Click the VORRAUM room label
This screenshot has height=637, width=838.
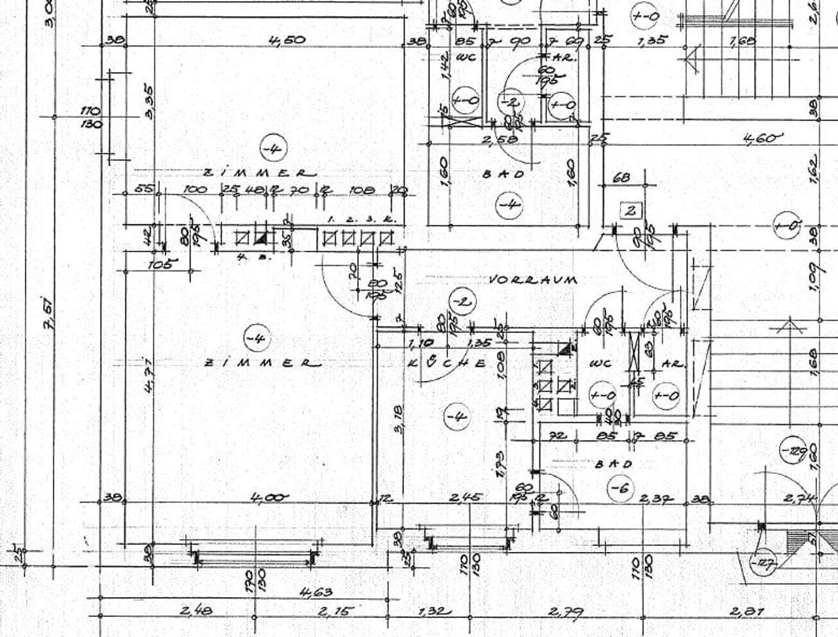click(x=534, y=280)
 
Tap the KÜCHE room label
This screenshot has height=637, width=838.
click(x=446, y=363)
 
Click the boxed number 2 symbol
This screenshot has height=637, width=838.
click(x=631, y=211)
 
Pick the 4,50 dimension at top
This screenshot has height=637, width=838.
click(x=287, y=40)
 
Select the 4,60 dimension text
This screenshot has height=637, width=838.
click(x=763, y=138)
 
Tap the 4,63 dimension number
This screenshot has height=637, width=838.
click(x=316, y=592)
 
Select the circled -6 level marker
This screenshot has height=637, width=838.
click(x=619, y=488)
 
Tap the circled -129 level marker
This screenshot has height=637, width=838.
click(x=793, y=450)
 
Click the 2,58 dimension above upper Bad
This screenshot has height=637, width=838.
click(x=500, y=139)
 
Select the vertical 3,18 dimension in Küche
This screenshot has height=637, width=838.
click(x=398, y=418)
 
